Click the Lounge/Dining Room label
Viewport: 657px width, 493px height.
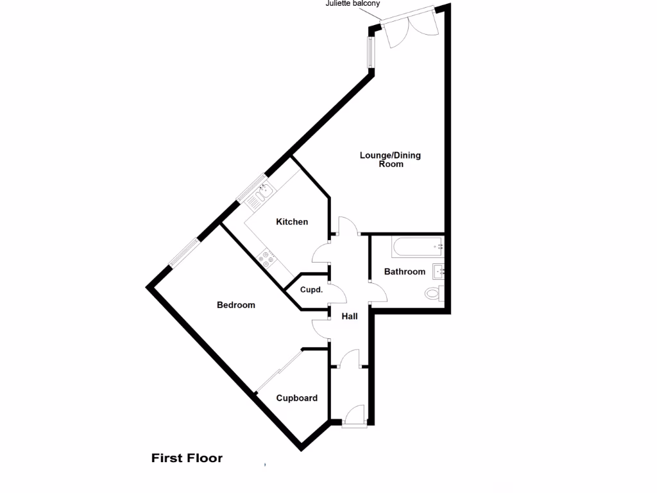coord(390,159)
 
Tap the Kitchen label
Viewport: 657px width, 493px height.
coord(292,222)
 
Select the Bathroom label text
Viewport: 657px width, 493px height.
coord(404,272)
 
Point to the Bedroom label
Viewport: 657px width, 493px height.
coord(235,305)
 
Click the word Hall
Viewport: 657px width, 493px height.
coord(349,316)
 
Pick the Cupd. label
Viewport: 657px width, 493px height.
coord(311,290)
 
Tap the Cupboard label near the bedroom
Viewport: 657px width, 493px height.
coord(296,398)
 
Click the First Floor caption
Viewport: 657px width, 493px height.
coord(187,458)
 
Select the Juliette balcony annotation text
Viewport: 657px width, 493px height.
coord(352,4)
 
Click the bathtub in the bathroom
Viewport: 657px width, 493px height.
coord(416,246)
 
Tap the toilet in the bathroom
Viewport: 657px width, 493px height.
coord(433,294)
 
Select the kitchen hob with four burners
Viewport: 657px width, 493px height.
coord(266,259)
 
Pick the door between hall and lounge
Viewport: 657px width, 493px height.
coord(347,226)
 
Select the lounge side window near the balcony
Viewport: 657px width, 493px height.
coord(370,51)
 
